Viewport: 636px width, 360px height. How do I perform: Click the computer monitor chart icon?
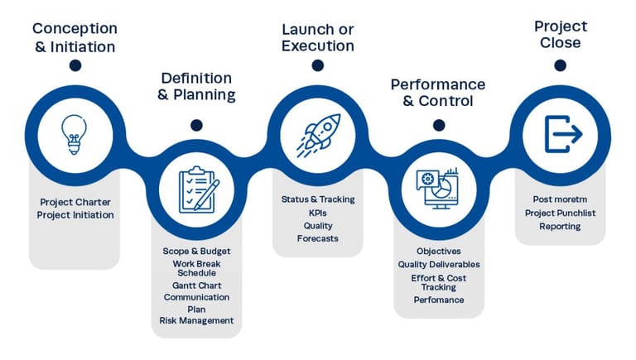coord(439,190)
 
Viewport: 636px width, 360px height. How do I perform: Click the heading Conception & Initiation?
coord(75,38)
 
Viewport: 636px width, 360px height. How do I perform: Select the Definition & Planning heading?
coord(197,87)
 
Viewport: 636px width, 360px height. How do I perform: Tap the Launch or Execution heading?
coord(318,38)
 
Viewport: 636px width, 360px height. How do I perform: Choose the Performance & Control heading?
coord(438,93)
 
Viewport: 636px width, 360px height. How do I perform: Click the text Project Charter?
coord(75,202)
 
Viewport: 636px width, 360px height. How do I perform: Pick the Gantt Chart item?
coord(196,286)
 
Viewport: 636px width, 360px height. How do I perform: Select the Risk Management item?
coord(196,320)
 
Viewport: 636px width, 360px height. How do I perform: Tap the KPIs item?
coord(318,213)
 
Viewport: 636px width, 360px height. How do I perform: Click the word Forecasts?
coord(318,238)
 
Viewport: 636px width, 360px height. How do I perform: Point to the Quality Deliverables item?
coord(438,264)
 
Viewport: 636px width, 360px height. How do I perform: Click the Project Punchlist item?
coord(560,213)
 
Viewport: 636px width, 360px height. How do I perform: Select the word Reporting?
coord(560,226)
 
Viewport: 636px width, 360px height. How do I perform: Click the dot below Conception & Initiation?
coord(75,65)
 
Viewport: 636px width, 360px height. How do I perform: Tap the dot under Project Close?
coord(560,65)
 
